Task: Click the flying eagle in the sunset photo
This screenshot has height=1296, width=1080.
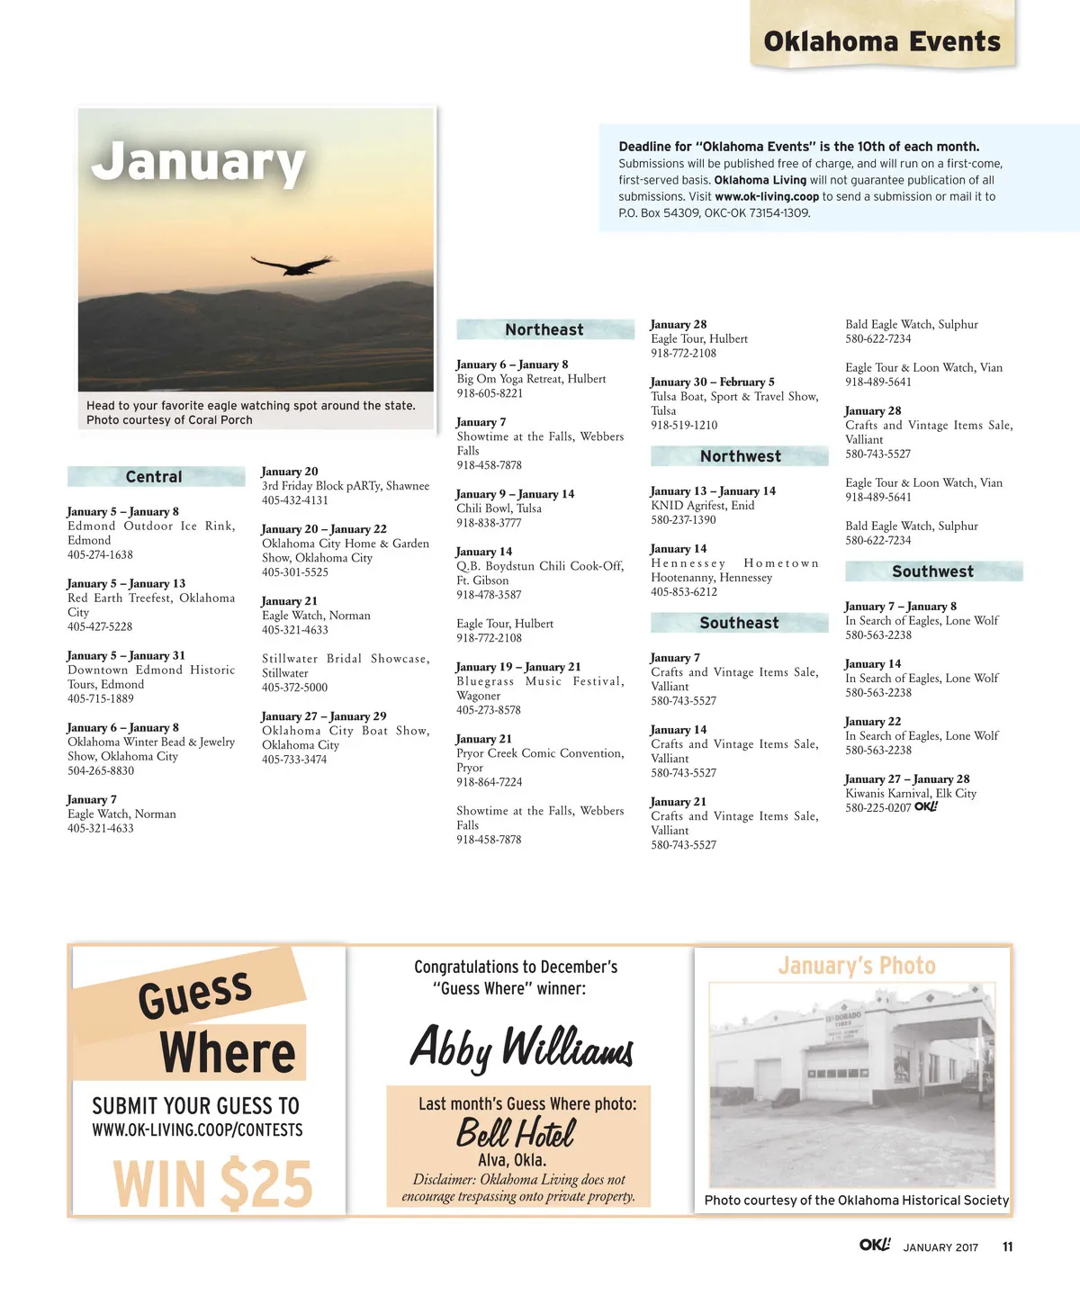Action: coord(293,265)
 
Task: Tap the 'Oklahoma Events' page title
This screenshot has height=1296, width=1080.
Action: coord(882,41)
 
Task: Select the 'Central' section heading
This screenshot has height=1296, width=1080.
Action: coord(154,477)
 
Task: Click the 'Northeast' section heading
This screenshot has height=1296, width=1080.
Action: coord(544,329)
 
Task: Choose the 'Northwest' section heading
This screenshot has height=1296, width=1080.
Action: coord(740,456)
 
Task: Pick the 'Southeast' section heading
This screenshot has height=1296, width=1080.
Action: coord(739,623)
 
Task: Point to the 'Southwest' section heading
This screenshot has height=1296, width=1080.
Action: coord(932,571)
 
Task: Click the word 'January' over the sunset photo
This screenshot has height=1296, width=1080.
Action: coord(199,162)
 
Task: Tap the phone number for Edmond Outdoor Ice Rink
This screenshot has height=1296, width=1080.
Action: coord(100,554)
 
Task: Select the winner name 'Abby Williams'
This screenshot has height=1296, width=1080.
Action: coord(521,1048)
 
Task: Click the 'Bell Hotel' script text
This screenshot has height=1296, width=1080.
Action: coord(515,1132)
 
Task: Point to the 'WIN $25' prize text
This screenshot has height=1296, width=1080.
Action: coord(212,1183)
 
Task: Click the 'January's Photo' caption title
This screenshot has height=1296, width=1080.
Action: coord(856,966)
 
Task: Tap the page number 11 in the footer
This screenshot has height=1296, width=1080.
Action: coord(1007,1246)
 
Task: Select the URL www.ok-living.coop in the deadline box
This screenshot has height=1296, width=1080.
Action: coord(767,196)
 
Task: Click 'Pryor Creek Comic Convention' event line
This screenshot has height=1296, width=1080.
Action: coord(540,753)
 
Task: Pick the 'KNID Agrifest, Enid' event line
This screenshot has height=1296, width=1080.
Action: coord(703,505)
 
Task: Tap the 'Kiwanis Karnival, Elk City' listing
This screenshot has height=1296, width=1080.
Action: coord(911,793)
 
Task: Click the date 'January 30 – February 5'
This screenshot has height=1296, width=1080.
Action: coord(712,382)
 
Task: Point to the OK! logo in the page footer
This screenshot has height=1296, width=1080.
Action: coord(874,1245)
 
